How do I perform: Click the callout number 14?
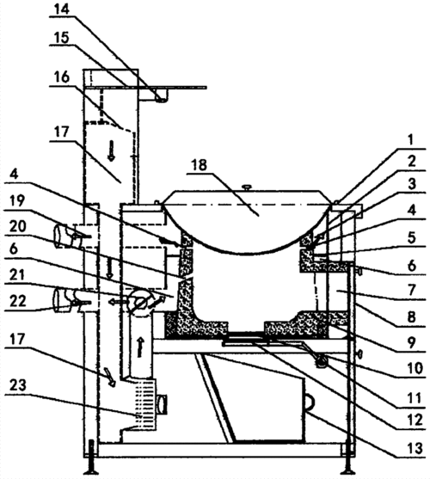pyautogui.click(x=61, y=9)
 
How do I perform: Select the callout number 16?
pyautogui.click(x=61, y=77)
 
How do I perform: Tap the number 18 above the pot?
pyautogui.click(x=199, y=166)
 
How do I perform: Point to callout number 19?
pyautogui.click(x=17, y=200)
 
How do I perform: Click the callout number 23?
pyautogui.click(x=18, y=386)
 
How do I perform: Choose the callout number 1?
pyautogui.click(x=410, y=139)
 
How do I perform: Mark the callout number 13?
pyautogui.click(x=415, y=448)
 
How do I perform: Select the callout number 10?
pyautogui.click(x=415, y=368)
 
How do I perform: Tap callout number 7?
pyautogui.click(x=411, y=289)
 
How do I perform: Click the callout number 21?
pyautogui.click(x=17, y=275)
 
